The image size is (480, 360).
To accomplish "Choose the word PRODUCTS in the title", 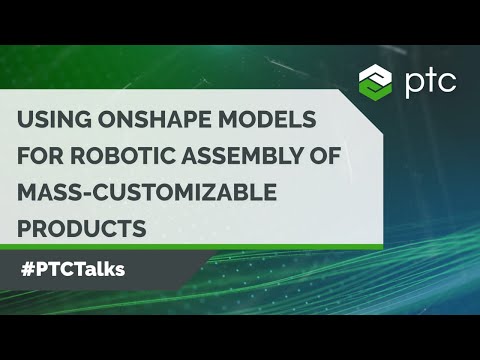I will click(x=80, y=229).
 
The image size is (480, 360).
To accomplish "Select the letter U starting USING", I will click(x=25, y=120).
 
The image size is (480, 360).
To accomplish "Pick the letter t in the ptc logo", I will click(x=431, y=77).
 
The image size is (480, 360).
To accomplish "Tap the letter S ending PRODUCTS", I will click(x=140, y=229).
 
